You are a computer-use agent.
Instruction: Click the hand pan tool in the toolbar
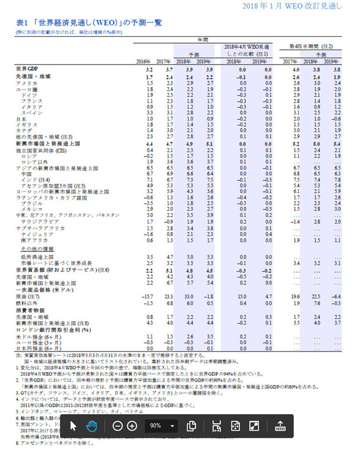(x=92, y=426)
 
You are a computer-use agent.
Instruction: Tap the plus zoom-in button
(x=131, y=426)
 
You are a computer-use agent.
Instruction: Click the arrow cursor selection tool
(x=74, y=426)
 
